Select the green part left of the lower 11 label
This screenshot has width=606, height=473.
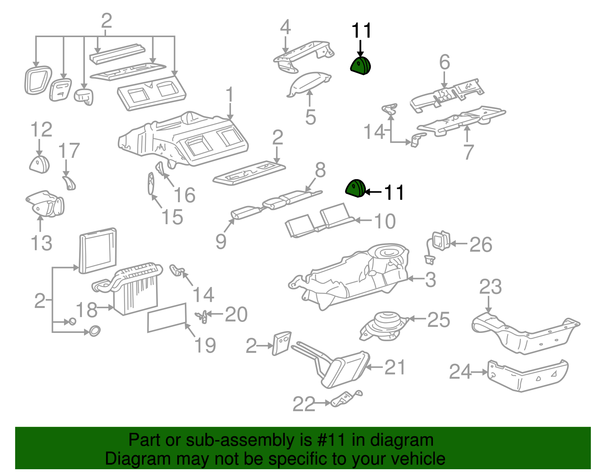pyautogui.click(x=355, y=188)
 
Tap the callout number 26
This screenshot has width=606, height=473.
pyautogui.click(x=481, y=245)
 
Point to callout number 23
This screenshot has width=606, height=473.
pyautogui.click(x=490, y=287)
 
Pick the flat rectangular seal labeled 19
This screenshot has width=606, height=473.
pyautogui.click(x=167, y=317)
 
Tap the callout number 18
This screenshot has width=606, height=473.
pyautogui.click(x=87, y=310)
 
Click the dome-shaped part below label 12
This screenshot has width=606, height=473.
pyautogui.click(x=39, y=164)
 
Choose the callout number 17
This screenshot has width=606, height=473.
pyautogui.click(x=69, y=151)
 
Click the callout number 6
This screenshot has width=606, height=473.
pyautogui.click(x=445, y=62)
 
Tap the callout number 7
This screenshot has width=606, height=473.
pyautogui.click(x=469, y=152)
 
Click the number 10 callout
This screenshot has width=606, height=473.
pyautogui.click(x=385, y=221)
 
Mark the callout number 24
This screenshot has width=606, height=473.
pyautogui.click(x=460, y=372)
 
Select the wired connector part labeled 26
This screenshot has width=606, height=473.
pyautogui.click(x=439, y=242)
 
